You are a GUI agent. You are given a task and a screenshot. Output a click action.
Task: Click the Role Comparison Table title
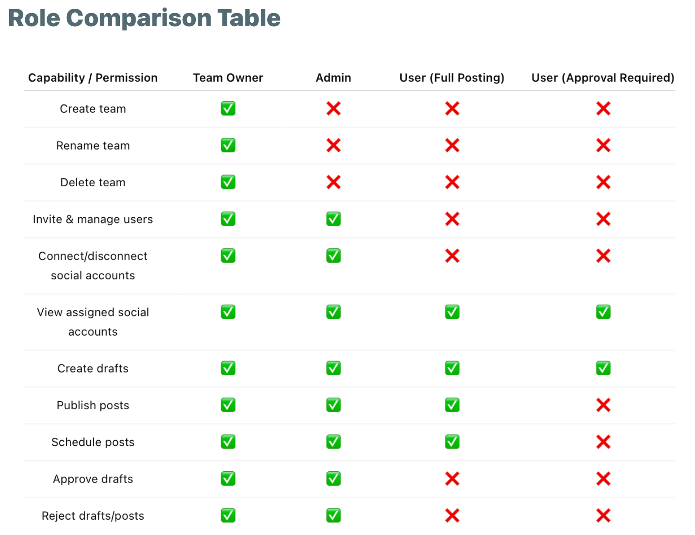pyautogui.click(x=144, y=18)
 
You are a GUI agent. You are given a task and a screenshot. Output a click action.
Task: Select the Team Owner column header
pyautogui.click(x=228, y=78)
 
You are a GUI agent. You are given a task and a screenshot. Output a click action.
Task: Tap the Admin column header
pyautogui.click(x=333, y=78)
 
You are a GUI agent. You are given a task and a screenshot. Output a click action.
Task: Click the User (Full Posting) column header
pyautogui.click(x=452, y=78)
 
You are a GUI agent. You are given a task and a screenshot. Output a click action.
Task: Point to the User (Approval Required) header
pyautogui.click(x=603, y=78)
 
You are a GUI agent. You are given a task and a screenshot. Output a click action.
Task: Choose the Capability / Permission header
pyautogui.click(x=93, y=78)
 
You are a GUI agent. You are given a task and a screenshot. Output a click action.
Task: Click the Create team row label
pyautogui.click(x=93, y=109)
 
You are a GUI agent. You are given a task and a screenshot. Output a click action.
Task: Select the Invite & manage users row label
pyautogui.click(x=93, y=219)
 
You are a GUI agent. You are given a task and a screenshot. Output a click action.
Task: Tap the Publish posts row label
pyautogui.click(x=93, y=405)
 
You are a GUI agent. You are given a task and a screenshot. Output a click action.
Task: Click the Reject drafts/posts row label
pyautogui.click(x=93, y=516)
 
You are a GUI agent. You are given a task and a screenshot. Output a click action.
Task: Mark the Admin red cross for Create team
pyautogui.click(x=334, y=109)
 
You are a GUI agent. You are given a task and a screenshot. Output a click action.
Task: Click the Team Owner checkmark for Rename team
pyautogui.click(x=228, y=145)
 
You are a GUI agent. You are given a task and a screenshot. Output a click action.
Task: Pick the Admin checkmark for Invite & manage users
pyautogui.click(x=334, y=219)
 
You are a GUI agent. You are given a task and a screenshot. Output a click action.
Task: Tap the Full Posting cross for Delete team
pyautogui.click(x=452, y=182)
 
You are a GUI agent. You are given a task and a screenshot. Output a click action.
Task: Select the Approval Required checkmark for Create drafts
pyautogui.click(x=603, y=368)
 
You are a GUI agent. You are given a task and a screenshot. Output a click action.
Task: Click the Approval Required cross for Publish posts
pyautogui.click(x=603, y=405)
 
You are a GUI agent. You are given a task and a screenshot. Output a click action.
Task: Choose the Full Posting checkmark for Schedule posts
pyautogui.click(x=452, y=442)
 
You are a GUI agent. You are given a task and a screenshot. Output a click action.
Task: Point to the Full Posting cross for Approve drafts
pyautogui.click(x=452, y=479)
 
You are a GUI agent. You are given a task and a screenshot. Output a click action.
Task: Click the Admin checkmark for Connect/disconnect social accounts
pyautogui.click(x=334, y=256)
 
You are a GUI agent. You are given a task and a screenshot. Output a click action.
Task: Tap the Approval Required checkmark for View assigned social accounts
pyautogui.click(x=603, y=312)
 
